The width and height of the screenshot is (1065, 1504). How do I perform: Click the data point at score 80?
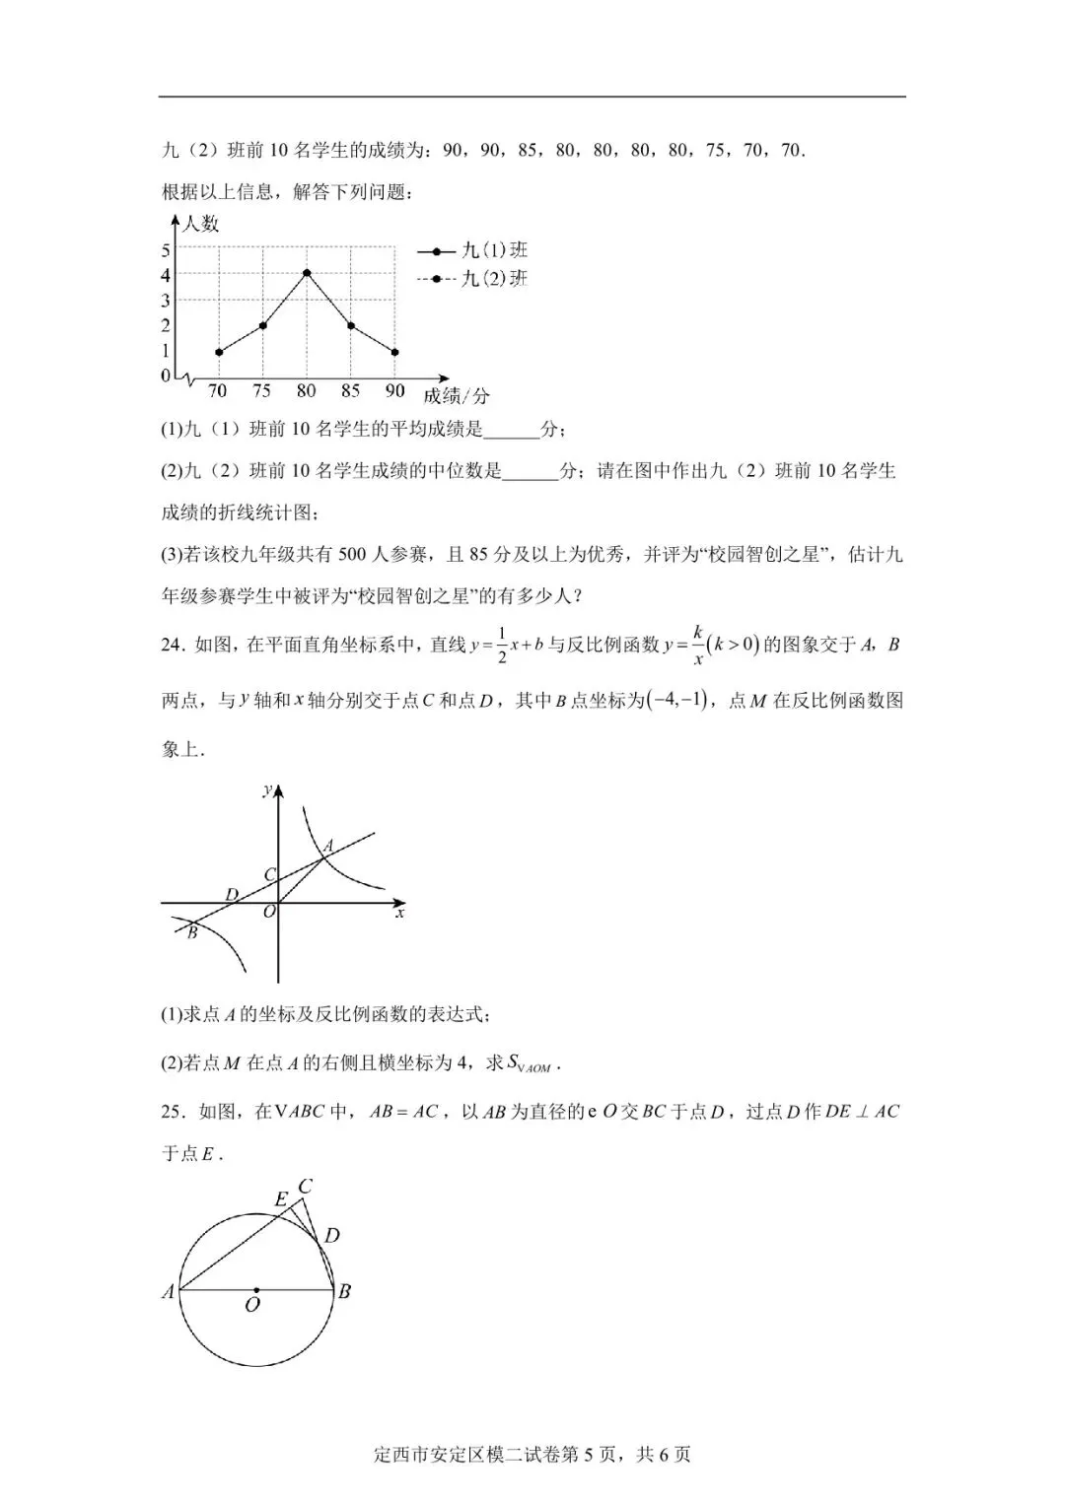click(307, 273)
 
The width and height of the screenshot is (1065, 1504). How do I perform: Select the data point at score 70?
click(218, 352)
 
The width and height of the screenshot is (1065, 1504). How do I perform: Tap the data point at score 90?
click(394, 352)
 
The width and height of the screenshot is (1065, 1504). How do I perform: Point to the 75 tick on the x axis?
click(261, 391)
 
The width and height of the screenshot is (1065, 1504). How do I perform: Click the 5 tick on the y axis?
click(166, 250)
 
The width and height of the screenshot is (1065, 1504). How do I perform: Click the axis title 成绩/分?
click(456, 396)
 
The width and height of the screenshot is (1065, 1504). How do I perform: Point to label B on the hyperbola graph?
click(192, 932)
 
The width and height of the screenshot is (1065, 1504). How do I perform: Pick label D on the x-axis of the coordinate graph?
click(232, 894)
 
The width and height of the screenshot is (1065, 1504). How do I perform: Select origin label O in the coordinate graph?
click(268, 914)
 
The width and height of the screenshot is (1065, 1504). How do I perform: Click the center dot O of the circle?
click(256, 1290)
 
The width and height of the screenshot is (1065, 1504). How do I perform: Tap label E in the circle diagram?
click(280, 1199)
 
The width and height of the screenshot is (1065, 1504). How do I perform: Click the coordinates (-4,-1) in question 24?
click(677, 701)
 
